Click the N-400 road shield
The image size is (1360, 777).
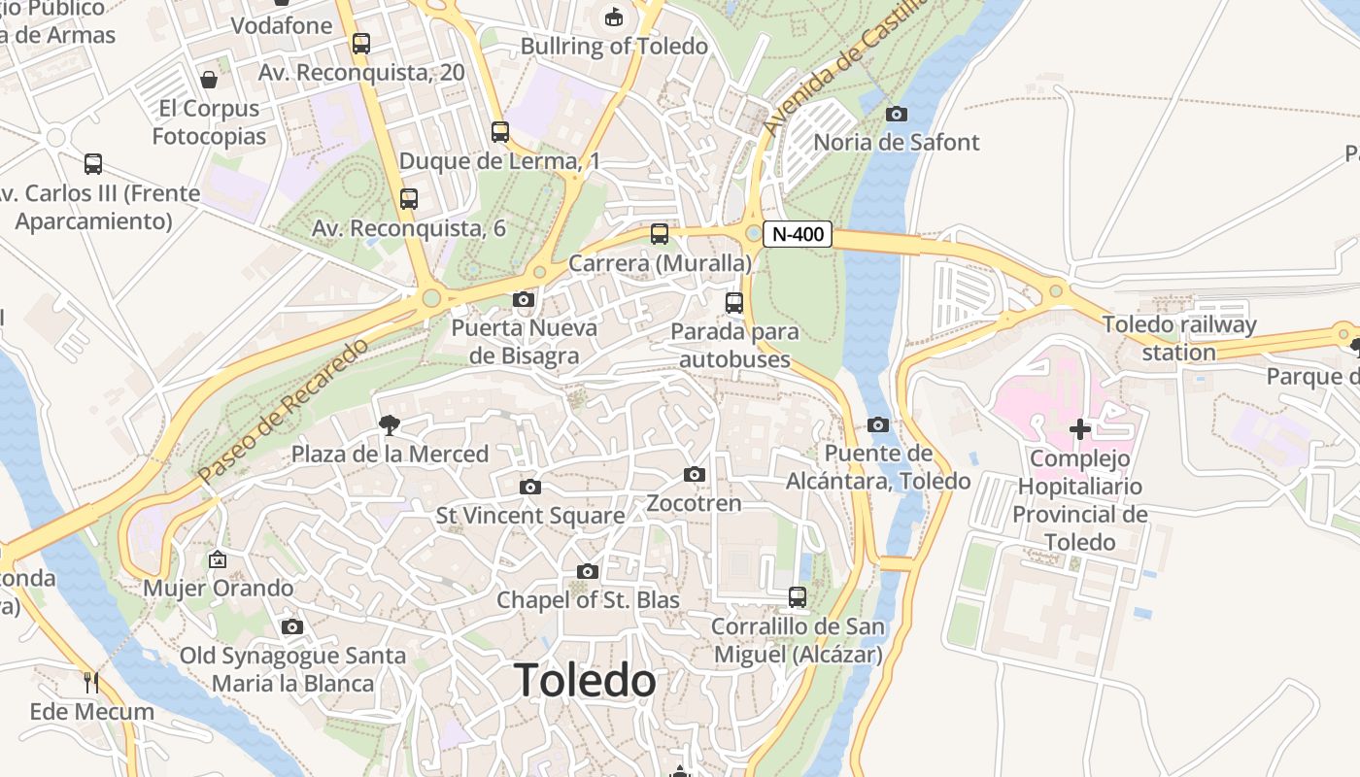tap(798, 234)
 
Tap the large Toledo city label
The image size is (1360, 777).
tap(585, 680)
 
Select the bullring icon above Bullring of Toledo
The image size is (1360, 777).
tap(614, 17)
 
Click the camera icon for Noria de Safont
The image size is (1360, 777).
tap(897, 115)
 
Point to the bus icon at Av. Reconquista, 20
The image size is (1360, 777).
tap(361, 44)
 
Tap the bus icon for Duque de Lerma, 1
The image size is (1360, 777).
tap(500, 132)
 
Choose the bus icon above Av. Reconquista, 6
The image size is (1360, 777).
tap(409, 199)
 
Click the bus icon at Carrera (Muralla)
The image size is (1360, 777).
tap(660, 234)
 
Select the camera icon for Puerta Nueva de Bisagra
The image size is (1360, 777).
tap(524, 300)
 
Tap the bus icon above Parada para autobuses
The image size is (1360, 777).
tap(734, 302)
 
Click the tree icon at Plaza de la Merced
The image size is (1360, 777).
tap(391, 424)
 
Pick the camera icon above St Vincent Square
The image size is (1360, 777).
tap(529, 487)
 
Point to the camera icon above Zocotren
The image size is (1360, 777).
tap(694, 475)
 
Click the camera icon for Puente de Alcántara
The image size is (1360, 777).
tap(878, 424)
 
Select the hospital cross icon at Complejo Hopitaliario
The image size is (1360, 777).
tap(1080, 428)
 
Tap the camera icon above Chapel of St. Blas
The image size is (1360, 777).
tap(588, 572)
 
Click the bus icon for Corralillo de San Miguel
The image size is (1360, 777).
tap(798, 597)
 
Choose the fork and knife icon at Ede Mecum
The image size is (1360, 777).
tap(91, 683)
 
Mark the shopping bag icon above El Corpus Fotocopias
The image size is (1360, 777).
tap(209, 80)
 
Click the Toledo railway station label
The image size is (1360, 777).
tap(1179, 338)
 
